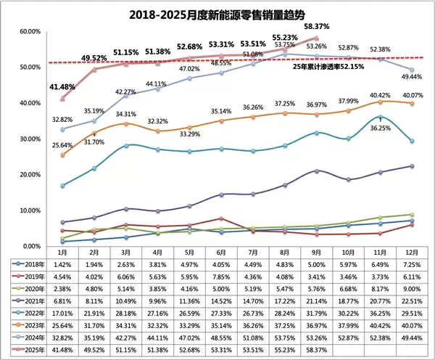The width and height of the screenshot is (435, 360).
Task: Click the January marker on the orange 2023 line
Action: coord(62,155)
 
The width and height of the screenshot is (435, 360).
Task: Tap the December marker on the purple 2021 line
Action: coord(412,166)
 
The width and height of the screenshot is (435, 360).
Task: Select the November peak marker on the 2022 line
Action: coord(381,117)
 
